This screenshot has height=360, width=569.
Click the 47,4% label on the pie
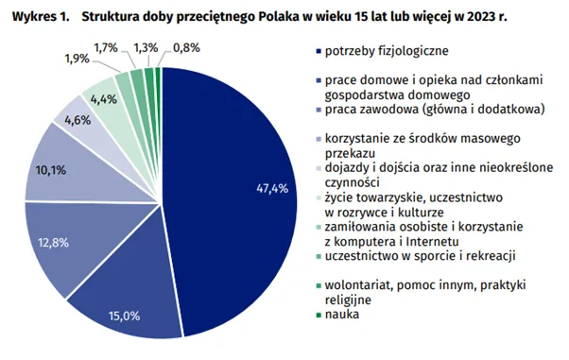271,188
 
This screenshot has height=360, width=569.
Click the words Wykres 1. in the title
34,16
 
